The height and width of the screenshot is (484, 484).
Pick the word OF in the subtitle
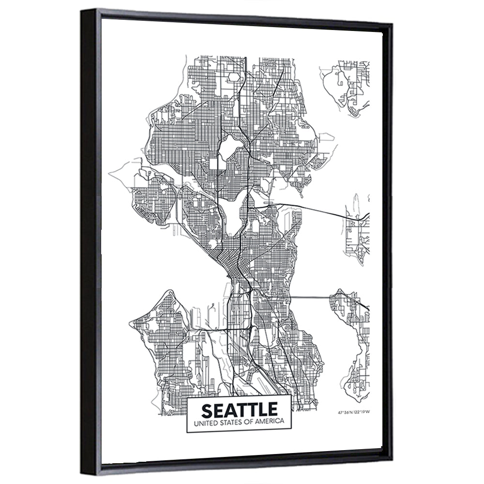pyautogui.click(x=250, y=423)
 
